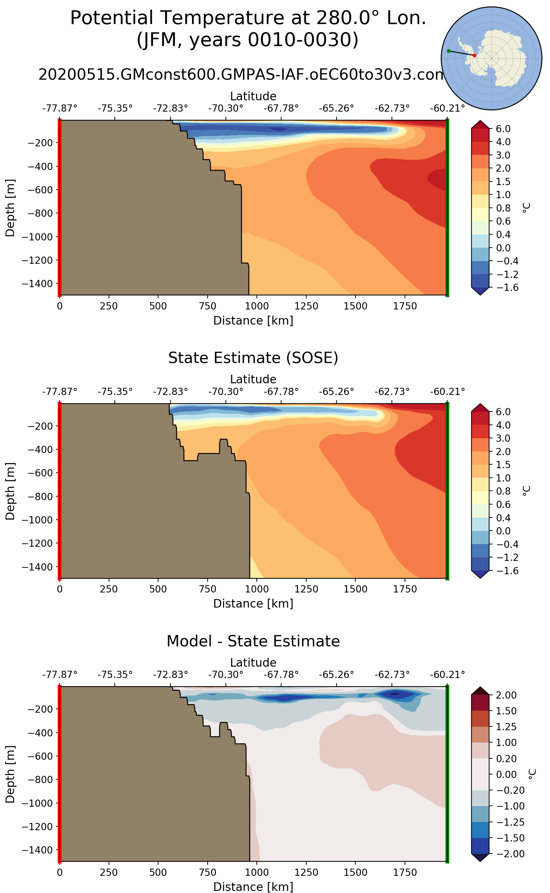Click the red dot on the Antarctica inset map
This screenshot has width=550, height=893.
tap(474, 55)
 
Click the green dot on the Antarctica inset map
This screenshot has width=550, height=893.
tap(449, 51)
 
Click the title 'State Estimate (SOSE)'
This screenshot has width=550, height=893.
tap(253, 358)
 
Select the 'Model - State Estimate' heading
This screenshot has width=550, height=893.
tap(253, 641)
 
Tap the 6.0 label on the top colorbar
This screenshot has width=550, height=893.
tap(503, 129)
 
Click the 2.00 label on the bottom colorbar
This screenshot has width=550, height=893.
tap(506, 695)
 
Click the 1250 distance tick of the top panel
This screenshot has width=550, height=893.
tap(306, 306)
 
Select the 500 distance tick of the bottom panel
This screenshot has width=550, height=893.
tap(158, 872)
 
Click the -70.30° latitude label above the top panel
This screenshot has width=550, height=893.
tap(225, 108)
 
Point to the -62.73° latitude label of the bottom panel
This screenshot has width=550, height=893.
tap(392, 675)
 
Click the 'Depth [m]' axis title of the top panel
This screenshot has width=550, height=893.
tap(10, 207)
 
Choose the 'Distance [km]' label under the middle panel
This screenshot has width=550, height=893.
tap(253, 603)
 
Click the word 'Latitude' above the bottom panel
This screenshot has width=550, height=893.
tap(253, 662)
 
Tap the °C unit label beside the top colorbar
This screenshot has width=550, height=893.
tap(526, 207)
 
